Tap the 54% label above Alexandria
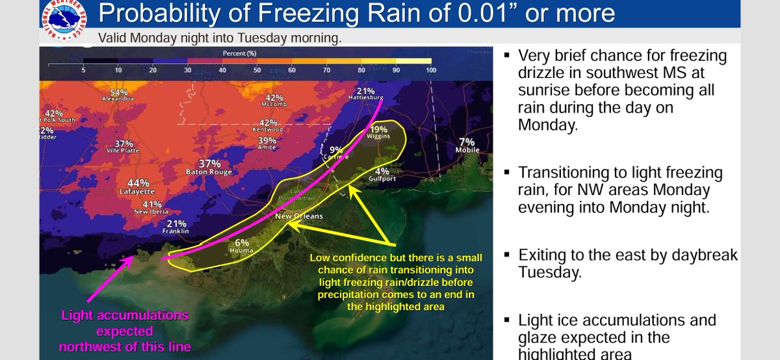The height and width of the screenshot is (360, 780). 118,92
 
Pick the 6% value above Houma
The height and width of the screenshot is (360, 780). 242,242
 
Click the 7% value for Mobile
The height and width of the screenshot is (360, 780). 467,142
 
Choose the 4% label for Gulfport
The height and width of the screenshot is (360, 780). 382,172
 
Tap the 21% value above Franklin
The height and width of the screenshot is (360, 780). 176,223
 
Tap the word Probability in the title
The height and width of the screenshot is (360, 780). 154,14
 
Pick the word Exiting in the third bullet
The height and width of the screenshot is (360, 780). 542,255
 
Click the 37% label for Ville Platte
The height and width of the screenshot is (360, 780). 123,144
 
